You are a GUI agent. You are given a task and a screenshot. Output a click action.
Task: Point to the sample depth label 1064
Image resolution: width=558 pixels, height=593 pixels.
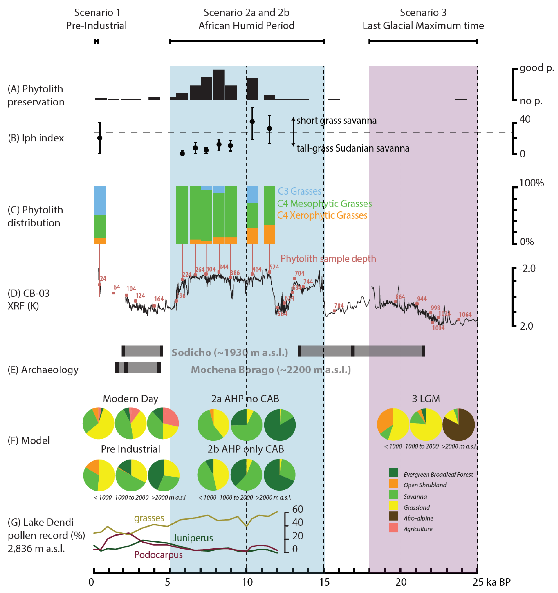tap(465, 314)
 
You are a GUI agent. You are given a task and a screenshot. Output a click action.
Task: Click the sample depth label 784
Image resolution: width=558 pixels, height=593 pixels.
tap(339, 306)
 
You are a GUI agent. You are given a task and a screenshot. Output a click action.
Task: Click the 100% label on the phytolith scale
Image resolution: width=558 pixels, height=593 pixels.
tap(531, 183)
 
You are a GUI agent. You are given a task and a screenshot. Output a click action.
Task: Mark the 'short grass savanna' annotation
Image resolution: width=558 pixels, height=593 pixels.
tap(336, 121)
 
